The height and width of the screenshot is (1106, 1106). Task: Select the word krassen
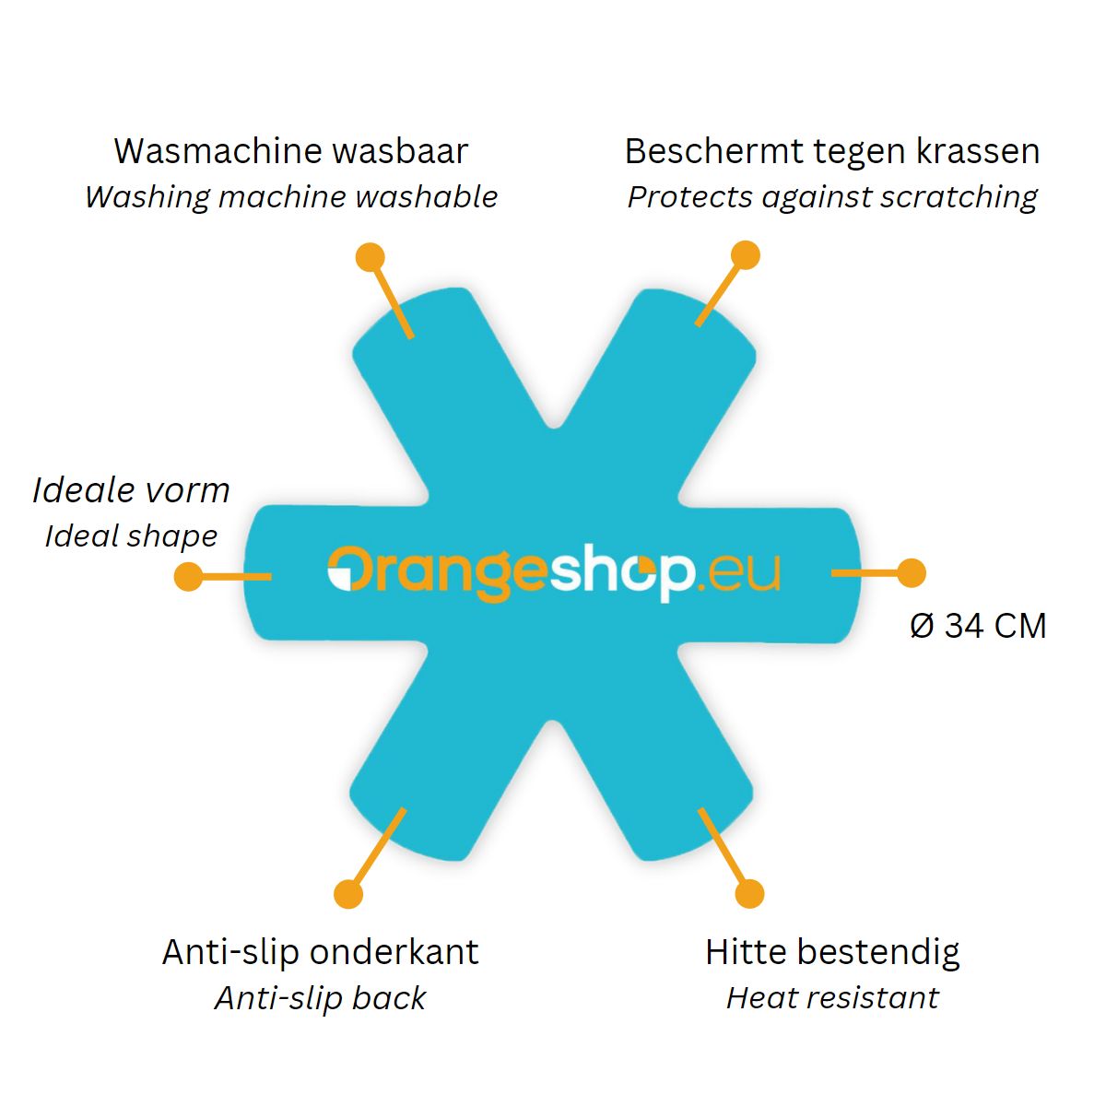click(x=978, y=151)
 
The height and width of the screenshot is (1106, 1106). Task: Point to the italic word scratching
click(x=959, y=198)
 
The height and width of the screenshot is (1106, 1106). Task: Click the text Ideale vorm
click(x=132, y=490)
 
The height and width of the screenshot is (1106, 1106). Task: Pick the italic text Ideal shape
click(x=132, y=537)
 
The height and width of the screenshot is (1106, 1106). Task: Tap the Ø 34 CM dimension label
click(x=978, y=625)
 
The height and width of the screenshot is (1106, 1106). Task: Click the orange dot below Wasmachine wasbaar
click(x=371, y=257)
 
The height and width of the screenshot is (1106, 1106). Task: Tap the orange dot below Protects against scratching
click(x=746, y=254)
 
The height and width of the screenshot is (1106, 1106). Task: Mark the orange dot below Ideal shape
click(x=188, y=576)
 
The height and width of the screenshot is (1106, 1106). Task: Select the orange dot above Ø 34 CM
click(x=912, y=572)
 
